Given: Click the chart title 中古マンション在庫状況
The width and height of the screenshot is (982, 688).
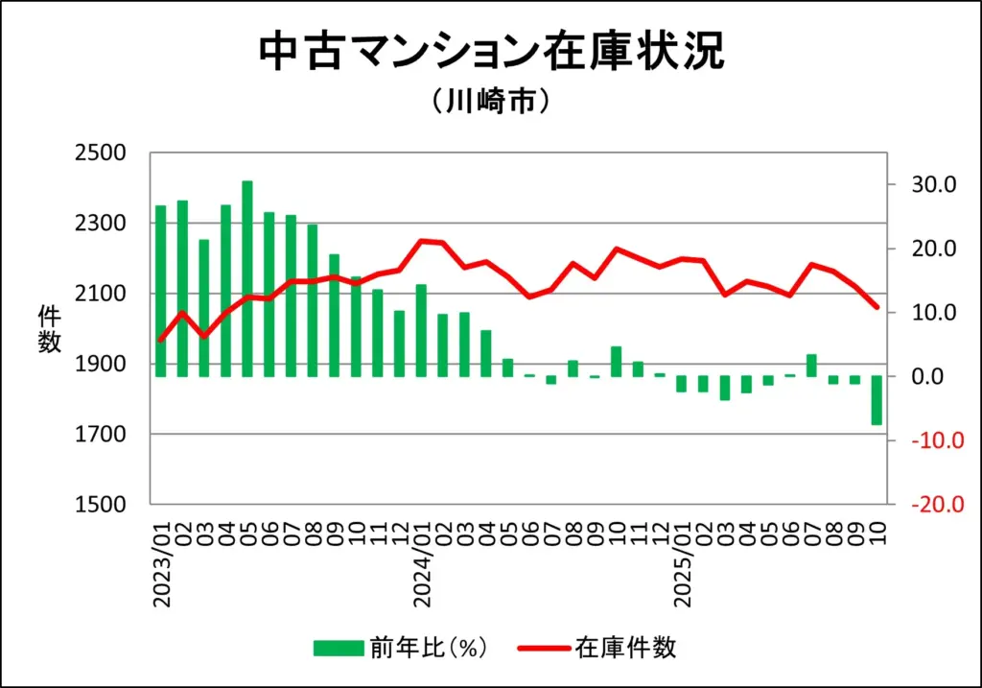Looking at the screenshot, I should click(x=491, y=52).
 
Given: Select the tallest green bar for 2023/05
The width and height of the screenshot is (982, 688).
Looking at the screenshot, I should click(x=247, y=278).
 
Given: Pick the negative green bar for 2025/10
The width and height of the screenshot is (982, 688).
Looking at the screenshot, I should click(x=877, y=400).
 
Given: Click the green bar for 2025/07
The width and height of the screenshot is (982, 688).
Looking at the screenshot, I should click(x=811, y=366).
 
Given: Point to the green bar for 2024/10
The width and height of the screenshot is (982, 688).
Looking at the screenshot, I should click(x=616, y=362).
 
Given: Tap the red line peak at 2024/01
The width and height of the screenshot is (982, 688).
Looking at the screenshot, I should click(x=421, y=241).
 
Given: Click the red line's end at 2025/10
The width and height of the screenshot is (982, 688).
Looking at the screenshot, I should click(x=877, y=307).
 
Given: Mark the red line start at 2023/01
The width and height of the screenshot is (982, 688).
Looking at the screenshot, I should click(x=160, y=341).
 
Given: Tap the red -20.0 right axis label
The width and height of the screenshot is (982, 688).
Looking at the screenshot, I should click(x=925, y=505).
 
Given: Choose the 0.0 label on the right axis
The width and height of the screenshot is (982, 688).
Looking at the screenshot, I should click(x=926, y=376).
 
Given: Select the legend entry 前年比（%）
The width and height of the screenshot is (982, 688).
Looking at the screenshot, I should click(x=402, y=648).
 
